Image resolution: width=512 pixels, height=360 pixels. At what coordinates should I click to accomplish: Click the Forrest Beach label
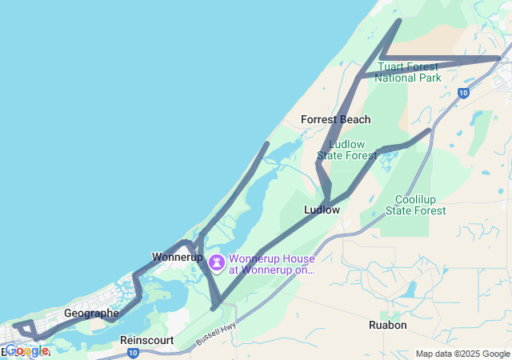pyautogui.click(x=335, y=119)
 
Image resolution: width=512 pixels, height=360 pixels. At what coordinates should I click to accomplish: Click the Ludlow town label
pyautogui.click(x=322, y=210)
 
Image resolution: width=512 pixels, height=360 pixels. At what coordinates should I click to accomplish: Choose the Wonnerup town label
pyautogui.click(x=177, y=258)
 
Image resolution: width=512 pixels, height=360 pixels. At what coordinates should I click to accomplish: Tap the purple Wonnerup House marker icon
pyautogui.click(x=217, y=262)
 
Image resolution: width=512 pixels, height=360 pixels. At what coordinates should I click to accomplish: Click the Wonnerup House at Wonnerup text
pyautogui.click(x=272, y=264)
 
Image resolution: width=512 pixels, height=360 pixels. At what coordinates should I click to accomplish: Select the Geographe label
pyautogui.click(x=91, y=314)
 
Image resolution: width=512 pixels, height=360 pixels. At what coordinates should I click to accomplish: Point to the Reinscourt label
pyautogui.click(x=147, y=340)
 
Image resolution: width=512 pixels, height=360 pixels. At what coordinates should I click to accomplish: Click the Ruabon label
pyautogui.click(x=388, y=326)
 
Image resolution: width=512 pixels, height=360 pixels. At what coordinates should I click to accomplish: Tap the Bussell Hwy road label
pyautogui.click(x=216, y=337)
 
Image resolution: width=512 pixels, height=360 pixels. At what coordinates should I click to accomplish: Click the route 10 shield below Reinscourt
pyautogui.click(x=132, y=353)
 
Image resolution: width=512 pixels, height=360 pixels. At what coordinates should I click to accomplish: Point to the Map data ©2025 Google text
pyautogui.click(x=462, y=354)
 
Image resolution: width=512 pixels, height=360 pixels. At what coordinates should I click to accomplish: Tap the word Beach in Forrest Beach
pyautogui.click(x=355, y=119)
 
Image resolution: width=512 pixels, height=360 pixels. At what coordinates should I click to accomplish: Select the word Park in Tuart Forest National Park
pyautogui.click(x=429, y=78)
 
